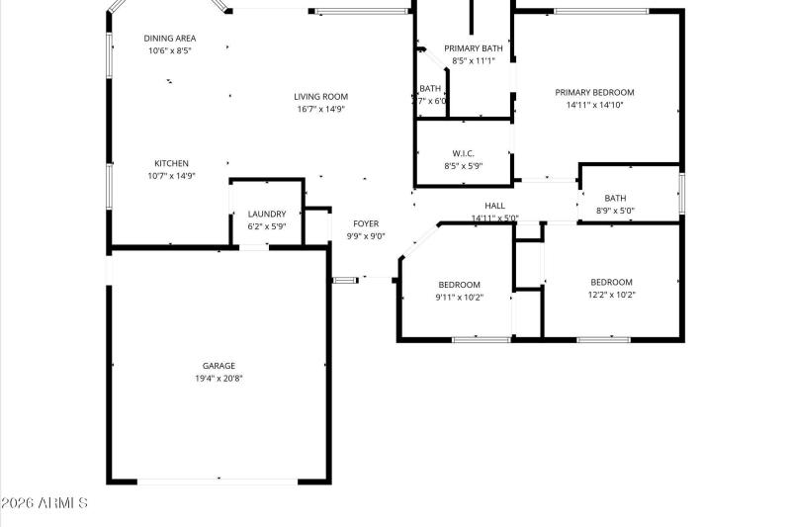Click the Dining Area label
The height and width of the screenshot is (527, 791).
[170, 38]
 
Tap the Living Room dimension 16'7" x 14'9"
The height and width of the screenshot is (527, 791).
[320, 110]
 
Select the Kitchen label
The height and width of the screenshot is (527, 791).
[171, 163]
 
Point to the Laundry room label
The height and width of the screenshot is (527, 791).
[267, 214]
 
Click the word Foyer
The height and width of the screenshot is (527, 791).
[366, 223]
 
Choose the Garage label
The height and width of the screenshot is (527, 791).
[219, 366]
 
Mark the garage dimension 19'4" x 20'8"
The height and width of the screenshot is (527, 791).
[219, 379]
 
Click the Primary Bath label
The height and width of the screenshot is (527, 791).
[472, 48]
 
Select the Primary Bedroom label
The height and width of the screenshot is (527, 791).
[594, 92]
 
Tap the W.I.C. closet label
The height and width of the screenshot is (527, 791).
[464, 153]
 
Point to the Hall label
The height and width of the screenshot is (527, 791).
[494, 206]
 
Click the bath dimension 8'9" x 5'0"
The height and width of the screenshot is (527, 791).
[615, 211]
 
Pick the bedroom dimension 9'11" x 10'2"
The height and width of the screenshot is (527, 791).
[460, 296]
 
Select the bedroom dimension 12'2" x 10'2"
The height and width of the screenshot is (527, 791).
[611, 294]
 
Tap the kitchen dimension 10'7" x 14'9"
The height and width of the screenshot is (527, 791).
[171, 176]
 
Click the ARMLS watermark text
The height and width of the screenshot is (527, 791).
[44, 504]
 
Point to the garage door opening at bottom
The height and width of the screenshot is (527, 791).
[218, 482]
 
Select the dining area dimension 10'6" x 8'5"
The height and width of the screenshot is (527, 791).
[170, 50]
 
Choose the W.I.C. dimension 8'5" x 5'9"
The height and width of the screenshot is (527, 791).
[464, 166]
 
